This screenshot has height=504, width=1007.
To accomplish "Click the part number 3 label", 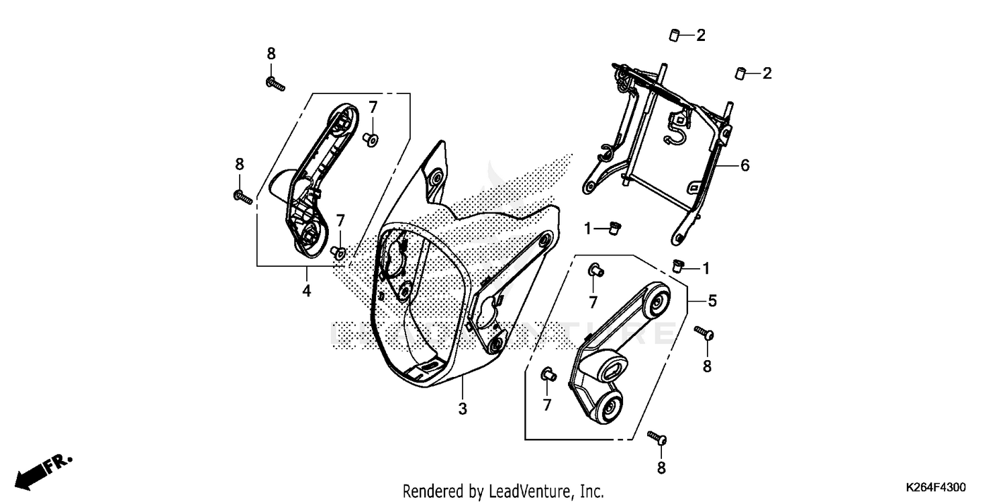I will tap(462, 408).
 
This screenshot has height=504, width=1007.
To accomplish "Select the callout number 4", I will tap(306, 292).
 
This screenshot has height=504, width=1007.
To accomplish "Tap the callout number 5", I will tap(712, 302).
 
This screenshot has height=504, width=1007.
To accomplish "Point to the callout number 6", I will tap(745, 165).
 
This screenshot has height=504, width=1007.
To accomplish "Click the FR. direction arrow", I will tap(44, 471).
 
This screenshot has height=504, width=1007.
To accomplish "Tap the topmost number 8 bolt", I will tap(275, 85).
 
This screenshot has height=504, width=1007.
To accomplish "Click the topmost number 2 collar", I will tap(673, 35).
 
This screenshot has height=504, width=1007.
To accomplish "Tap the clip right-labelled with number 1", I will tap(678, 267).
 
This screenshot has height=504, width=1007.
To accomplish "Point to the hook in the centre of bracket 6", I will tap(677, 131).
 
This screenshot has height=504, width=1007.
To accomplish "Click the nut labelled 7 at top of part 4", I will tap(370, 139).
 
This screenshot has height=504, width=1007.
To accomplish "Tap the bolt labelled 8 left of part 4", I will tap(242, 198).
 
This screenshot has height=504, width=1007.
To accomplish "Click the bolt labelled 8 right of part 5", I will tap(704, 333).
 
